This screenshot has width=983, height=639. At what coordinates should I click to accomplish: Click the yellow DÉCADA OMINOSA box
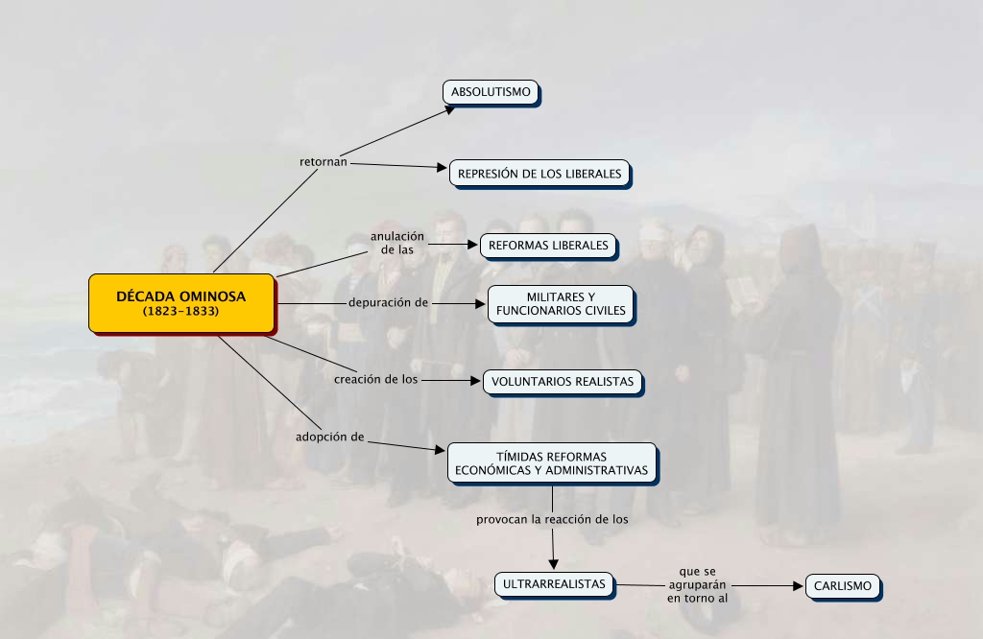click(180, 303)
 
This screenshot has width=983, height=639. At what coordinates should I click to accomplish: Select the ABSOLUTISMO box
click(491, 92)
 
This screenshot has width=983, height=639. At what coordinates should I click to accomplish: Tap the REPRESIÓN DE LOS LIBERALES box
click(539, 174)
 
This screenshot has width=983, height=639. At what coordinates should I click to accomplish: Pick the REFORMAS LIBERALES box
click(548, 246)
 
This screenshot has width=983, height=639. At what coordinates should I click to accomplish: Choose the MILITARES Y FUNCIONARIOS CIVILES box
click(561, 303)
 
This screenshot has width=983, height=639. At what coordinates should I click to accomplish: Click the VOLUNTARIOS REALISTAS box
click(562, 381)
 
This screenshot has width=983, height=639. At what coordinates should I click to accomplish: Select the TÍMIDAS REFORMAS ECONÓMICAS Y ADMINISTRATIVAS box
click(552, 463)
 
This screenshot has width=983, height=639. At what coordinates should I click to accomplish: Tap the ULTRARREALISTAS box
click(554, 583)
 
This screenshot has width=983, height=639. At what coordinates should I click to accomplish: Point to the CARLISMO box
click(842, 586)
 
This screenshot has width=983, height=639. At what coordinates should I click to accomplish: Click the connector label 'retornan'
click(324, 162)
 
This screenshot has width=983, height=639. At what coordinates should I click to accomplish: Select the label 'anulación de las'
click(397, 243)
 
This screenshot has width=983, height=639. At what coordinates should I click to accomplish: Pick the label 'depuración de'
click(388, 303)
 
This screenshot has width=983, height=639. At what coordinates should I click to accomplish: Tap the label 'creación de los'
click(376, 379)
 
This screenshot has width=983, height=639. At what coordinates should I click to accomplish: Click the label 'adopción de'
click(330, 437)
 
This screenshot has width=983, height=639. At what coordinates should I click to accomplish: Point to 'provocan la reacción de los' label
click(552, 519)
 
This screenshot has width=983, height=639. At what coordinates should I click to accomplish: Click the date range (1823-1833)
click(180, 312)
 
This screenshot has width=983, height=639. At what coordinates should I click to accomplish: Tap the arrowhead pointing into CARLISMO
click(799, 585)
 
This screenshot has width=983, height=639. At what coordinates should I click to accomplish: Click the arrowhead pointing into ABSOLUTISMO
click(449, 109)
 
